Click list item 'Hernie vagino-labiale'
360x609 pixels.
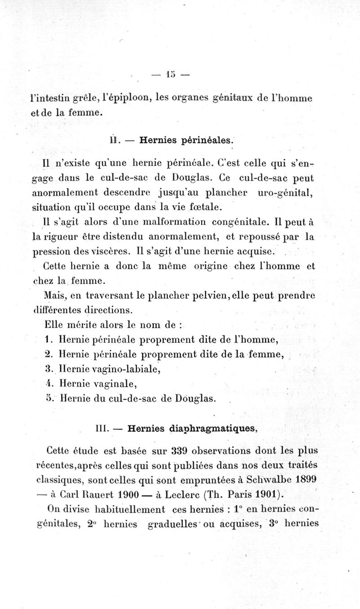coord(109,370)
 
